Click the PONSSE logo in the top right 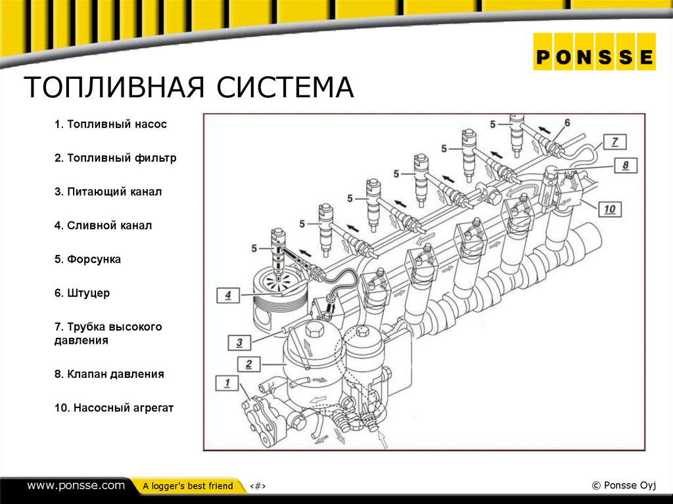point(594,57)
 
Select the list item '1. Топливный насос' point(110,124)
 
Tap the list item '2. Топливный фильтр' point(115,158)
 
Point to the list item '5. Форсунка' point(87,260)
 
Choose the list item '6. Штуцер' point(81,293)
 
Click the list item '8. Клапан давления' point(108,374)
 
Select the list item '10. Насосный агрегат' point(114,408)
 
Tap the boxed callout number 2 point(249,363)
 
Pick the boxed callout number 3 point(240,342)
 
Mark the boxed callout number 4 point(227,295)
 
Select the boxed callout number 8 point(626,165)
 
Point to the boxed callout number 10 point(609,209)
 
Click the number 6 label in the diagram point(567,123)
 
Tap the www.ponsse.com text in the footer point(76,486)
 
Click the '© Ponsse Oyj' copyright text point(624,486)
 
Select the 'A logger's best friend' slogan point(187,486)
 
